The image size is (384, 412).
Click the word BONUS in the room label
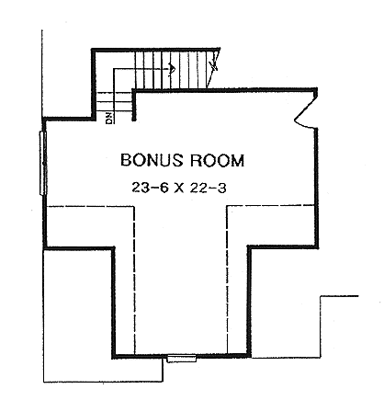tap(151, 160)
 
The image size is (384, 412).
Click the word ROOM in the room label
tap(217, 160)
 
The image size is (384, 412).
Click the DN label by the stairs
tap(109, 117)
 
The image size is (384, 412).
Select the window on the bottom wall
tap(175, 360)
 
